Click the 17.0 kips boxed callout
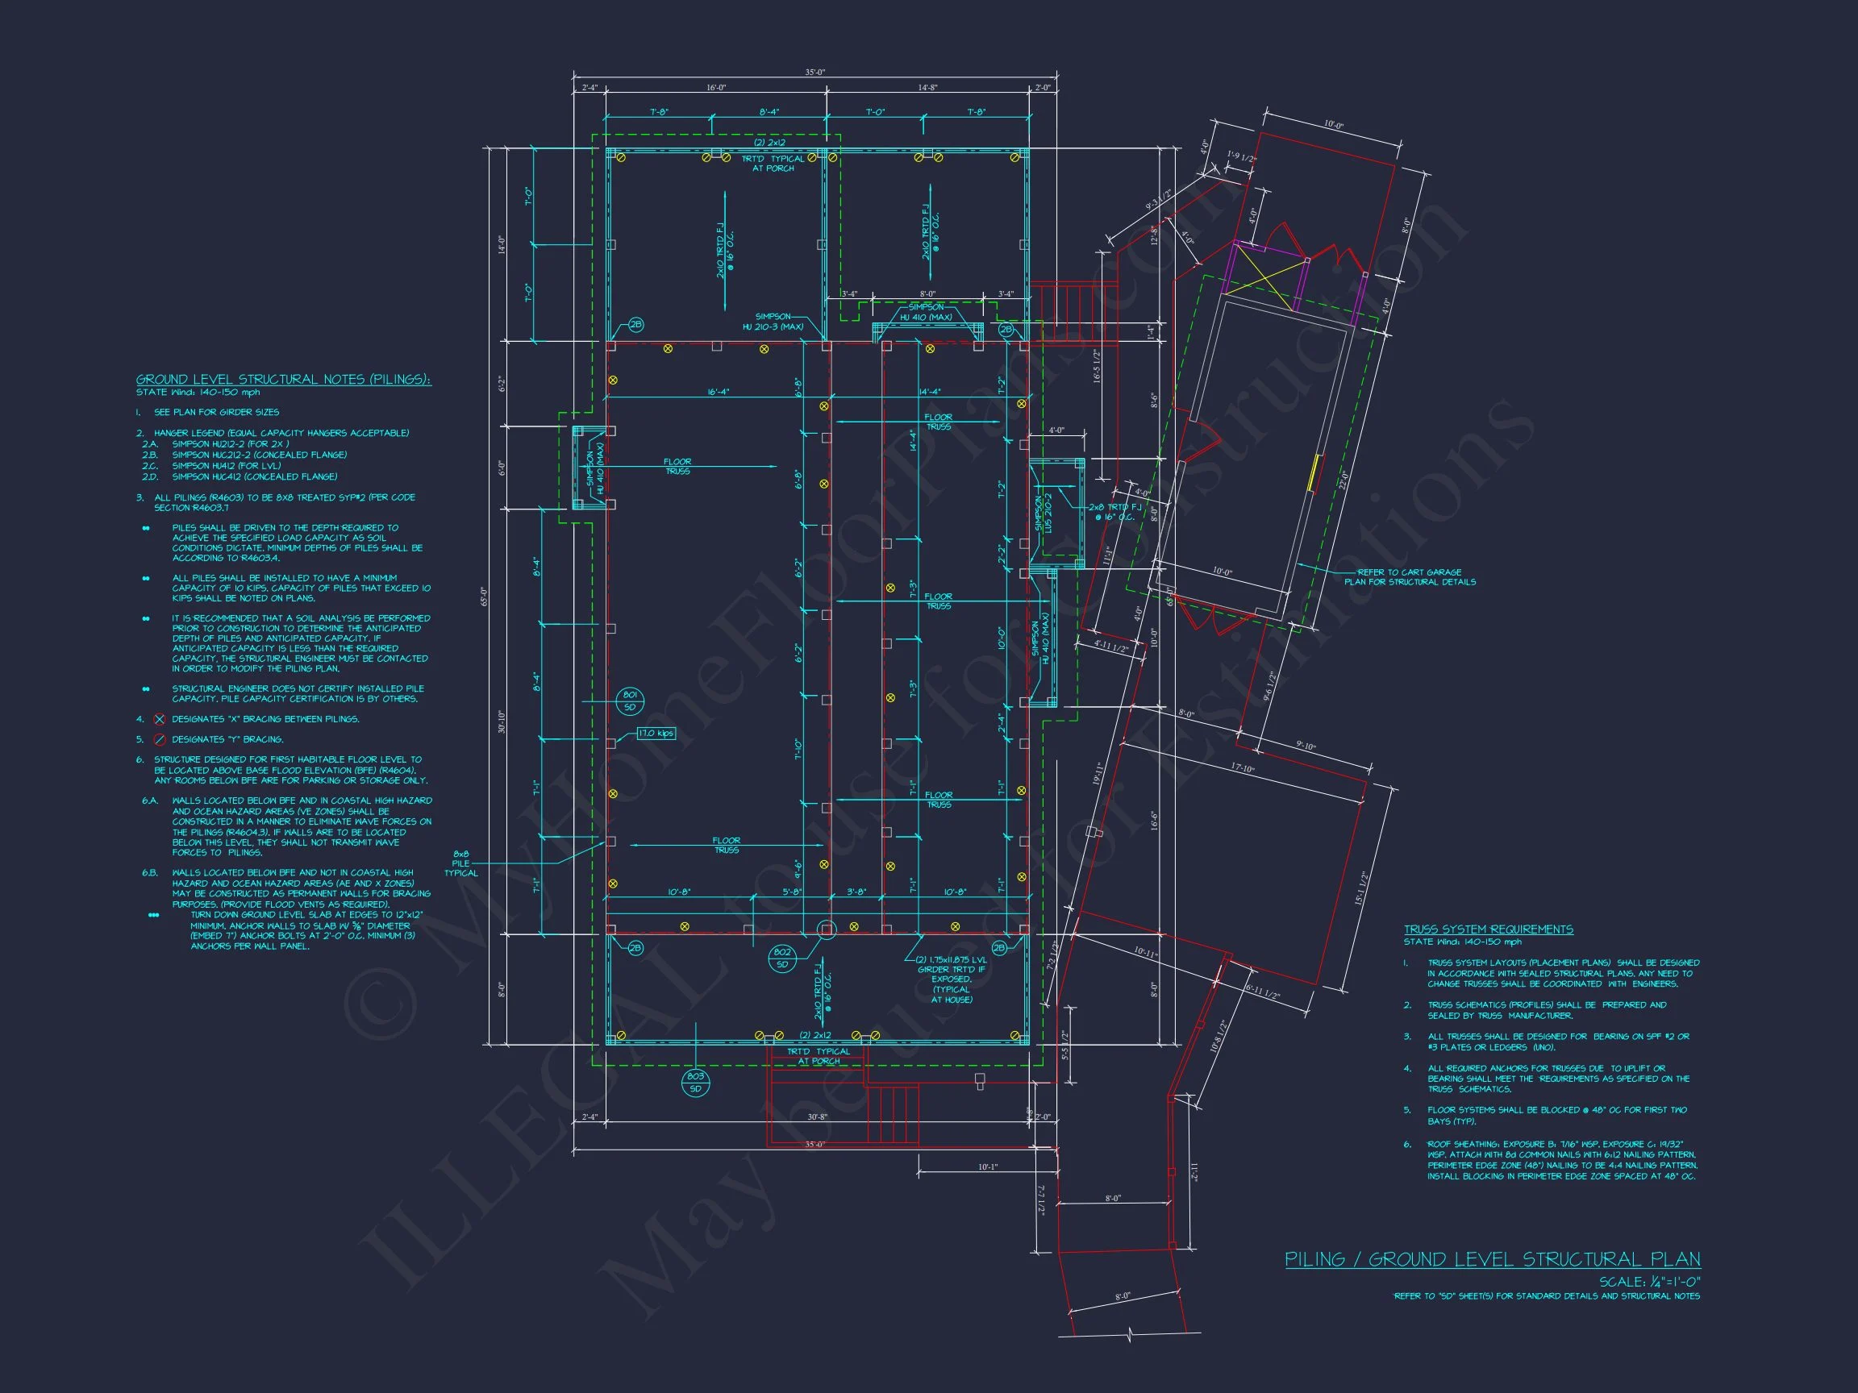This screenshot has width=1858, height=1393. coord(656,733)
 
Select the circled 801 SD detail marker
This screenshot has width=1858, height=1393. coord(630,701)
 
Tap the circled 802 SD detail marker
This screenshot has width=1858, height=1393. coord(782,958)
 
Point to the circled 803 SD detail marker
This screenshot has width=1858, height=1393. coord(694,1083)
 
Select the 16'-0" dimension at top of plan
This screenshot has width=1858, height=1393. coord(715,87)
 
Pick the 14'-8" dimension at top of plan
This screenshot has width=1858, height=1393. coord(927,87)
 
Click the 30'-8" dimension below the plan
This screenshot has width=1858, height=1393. coord(817,1116)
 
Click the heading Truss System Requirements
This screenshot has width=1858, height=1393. coord(1489,929)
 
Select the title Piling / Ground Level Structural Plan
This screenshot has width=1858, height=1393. coord(1493,1259)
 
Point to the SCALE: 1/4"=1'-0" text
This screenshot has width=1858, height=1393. coord(1650,1283)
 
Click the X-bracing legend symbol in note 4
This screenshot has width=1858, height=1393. coord(160,720)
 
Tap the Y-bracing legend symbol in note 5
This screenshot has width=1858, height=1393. coord(160,740)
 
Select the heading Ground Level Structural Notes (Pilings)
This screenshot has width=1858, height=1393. coord(284,380)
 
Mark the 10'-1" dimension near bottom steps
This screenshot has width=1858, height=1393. coord(988,1166)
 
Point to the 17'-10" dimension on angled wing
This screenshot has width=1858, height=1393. coord(1243,769)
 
